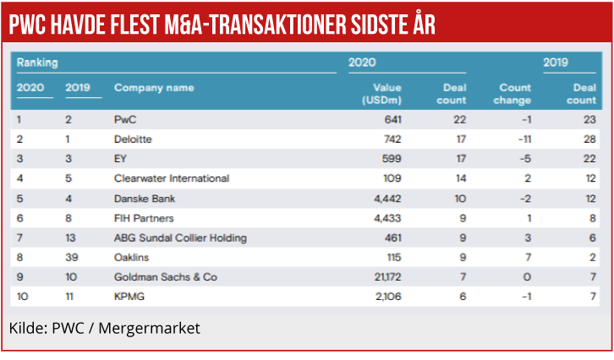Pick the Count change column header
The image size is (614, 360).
click(514, 94)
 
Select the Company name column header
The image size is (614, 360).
click(153, 88)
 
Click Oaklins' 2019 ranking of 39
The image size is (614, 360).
click(72, 257)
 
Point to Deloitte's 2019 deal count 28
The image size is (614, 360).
click(589, 139)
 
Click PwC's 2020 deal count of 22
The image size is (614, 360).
click(459, 119)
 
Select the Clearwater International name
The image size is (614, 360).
click(171, 178)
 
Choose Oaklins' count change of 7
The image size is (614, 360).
click(528, 257)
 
